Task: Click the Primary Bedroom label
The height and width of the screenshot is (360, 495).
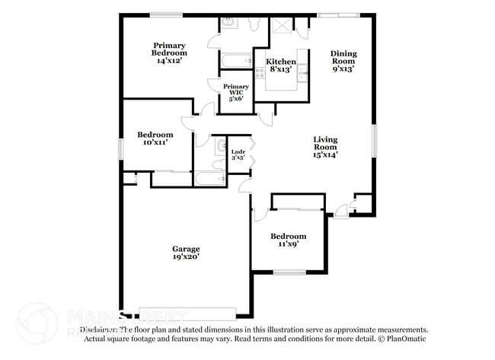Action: pyautogui.click(x=168, y=53)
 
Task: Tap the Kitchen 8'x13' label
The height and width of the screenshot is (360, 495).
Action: pyautogui.click(x=280, y=65)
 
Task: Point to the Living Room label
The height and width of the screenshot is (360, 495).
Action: pyautogui.click(x=325, y=147)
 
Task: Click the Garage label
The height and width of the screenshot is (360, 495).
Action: pyautogui.click(x=186, y=253)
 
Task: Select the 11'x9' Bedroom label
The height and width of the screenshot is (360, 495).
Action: pyautogui.click(x=289, y=240)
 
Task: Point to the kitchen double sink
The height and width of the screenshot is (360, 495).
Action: pyautogui.click(x=302, y=73)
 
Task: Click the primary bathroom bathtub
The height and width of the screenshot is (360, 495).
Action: pyautogui.click(x=235, y=59)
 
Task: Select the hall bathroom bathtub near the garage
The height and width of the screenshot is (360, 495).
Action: pyautogui.click(x=209, y=180)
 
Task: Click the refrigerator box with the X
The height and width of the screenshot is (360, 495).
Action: pyautogui.click(x=281, y=24)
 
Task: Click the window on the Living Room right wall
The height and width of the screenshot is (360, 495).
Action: pyautogui.click(x=374, y=141)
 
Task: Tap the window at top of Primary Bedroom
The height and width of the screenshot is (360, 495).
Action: pyautogui.click(x=165, y=14)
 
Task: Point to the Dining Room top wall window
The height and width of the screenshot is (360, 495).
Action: pyautogui.click(x=338, y=14)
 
